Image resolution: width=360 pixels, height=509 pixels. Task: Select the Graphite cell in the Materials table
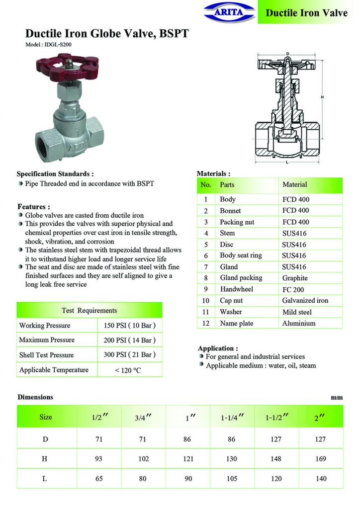[x=295, y=278]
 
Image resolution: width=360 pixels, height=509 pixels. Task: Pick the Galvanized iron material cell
[x=305, y=300]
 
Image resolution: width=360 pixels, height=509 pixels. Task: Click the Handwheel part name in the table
[x=236, y=289]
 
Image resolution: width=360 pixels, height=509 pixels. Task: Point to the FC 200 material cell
[x=293, y=289]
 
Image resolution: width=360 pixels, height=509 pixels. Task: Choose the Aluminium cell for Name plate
[x=298, y=323]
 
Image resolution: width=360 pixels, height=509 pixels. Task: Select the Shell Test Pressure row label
[x=46, y=355]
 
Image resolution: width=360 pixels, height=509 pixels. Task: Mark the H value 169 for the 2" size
[x=321, y=459]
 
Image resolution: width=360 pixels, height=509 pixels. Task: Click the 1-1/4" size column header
[x=232, y=418]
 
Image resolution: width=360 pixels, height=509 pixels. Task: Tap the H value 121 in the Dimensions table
[x=188, y=459]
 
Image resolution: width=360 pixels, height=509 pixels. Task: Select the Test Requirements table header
[x=90, y=310]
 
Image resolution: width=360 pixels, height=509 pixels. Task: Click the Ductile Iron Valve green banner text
[x=306, y=12]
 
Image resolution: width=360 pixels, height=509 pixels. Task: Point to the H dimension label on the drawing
[x=322, y=97]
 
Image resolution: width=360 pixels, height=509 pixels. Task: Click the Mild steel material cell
[x=297, y=312]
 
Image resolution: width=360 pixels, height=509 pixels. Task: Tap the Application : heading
[x=218, y=348]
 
